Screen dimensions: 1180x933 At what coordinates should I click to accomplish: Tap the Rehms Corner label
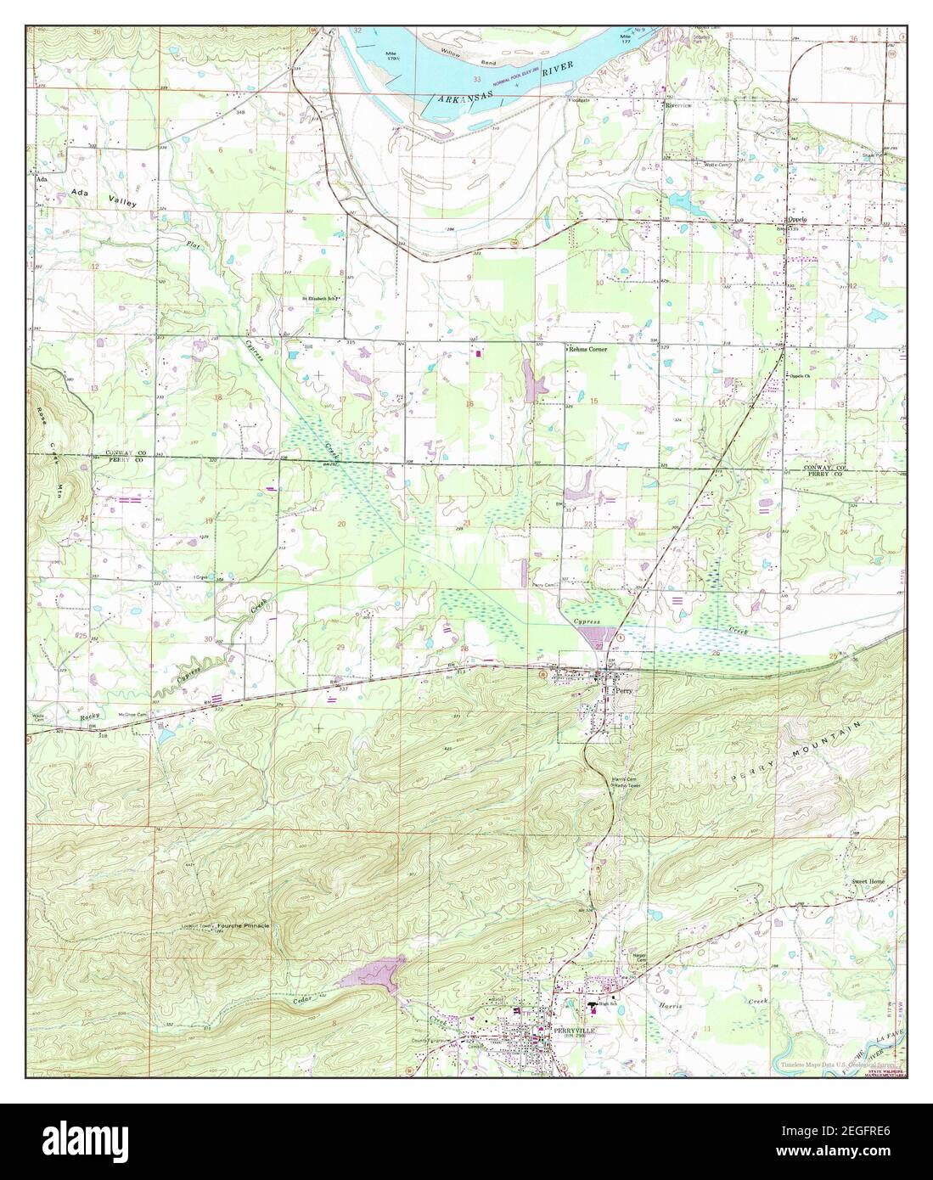pyautogui.click(x=593, y=349)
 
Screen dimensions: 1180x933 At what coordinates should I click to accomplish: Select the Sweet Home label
pyautogui.click(x=868, y=882)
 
